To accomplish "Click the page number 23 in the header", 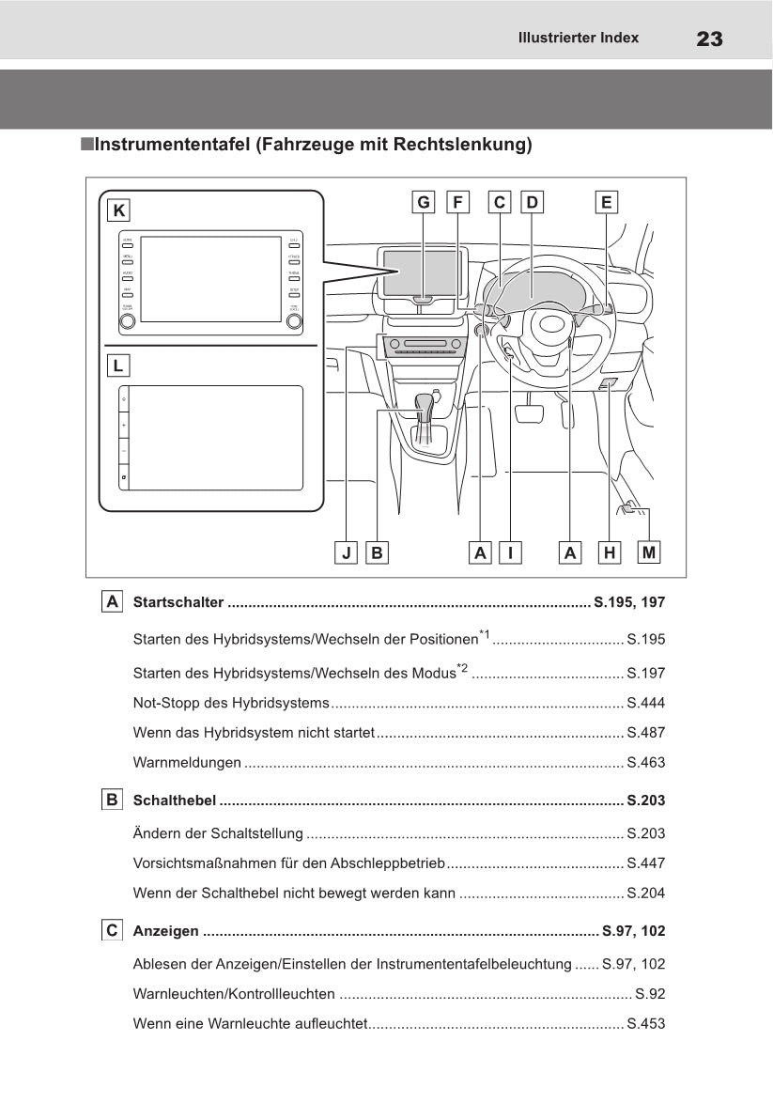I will pos(709,39).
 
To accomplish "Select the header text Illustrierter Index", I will pos(578,39).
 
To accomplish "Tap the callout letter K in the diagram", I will pos(119,210).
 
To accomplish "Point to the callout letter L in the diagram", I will pos(119,365).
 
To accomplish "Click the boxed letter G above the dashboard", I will pos(424,202).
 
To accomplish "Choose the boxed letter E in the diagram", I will pos(606,202).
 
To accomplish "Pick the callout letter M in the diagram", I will pos(648,552).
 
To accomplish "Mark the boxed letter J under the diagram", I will pos(347,552).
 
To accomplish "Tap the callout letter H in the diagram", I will pos(610,552).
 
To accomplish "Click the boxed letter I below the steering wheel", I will pos(510,552).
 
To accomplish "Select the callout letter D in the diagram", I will pos(532,202).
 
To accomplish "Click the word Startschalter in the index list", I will pos(178,602).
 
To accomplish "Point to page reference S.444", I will pos(645,703).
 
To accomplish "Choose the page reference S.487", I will pos(645,733).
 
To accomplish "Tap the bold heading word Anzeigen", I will pos(166,931).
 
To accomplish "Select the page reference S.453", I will pos(645,1023).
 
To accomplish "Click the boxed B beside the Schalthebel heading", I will pos(113,800).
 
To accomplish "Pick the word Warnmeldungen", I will pos(187,763).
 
